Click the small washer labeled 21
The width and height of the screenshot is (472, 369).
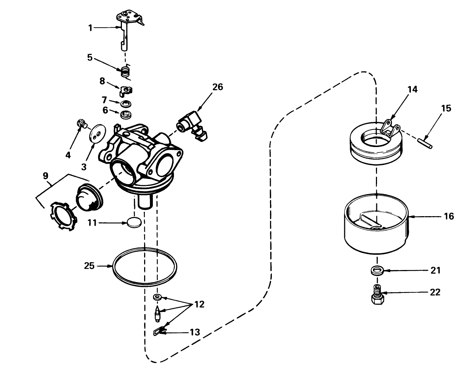pyautogui.click(x=377, y=271)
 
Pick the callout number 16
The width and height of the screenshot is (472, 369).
pyautogui.click(x=449, y=216)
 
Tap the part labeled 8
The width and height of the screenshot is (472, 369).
pyautogui.click(x=126, y=90)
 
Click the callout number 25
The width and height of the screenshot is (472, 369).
pyautogui.click(x=89, y=266)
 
